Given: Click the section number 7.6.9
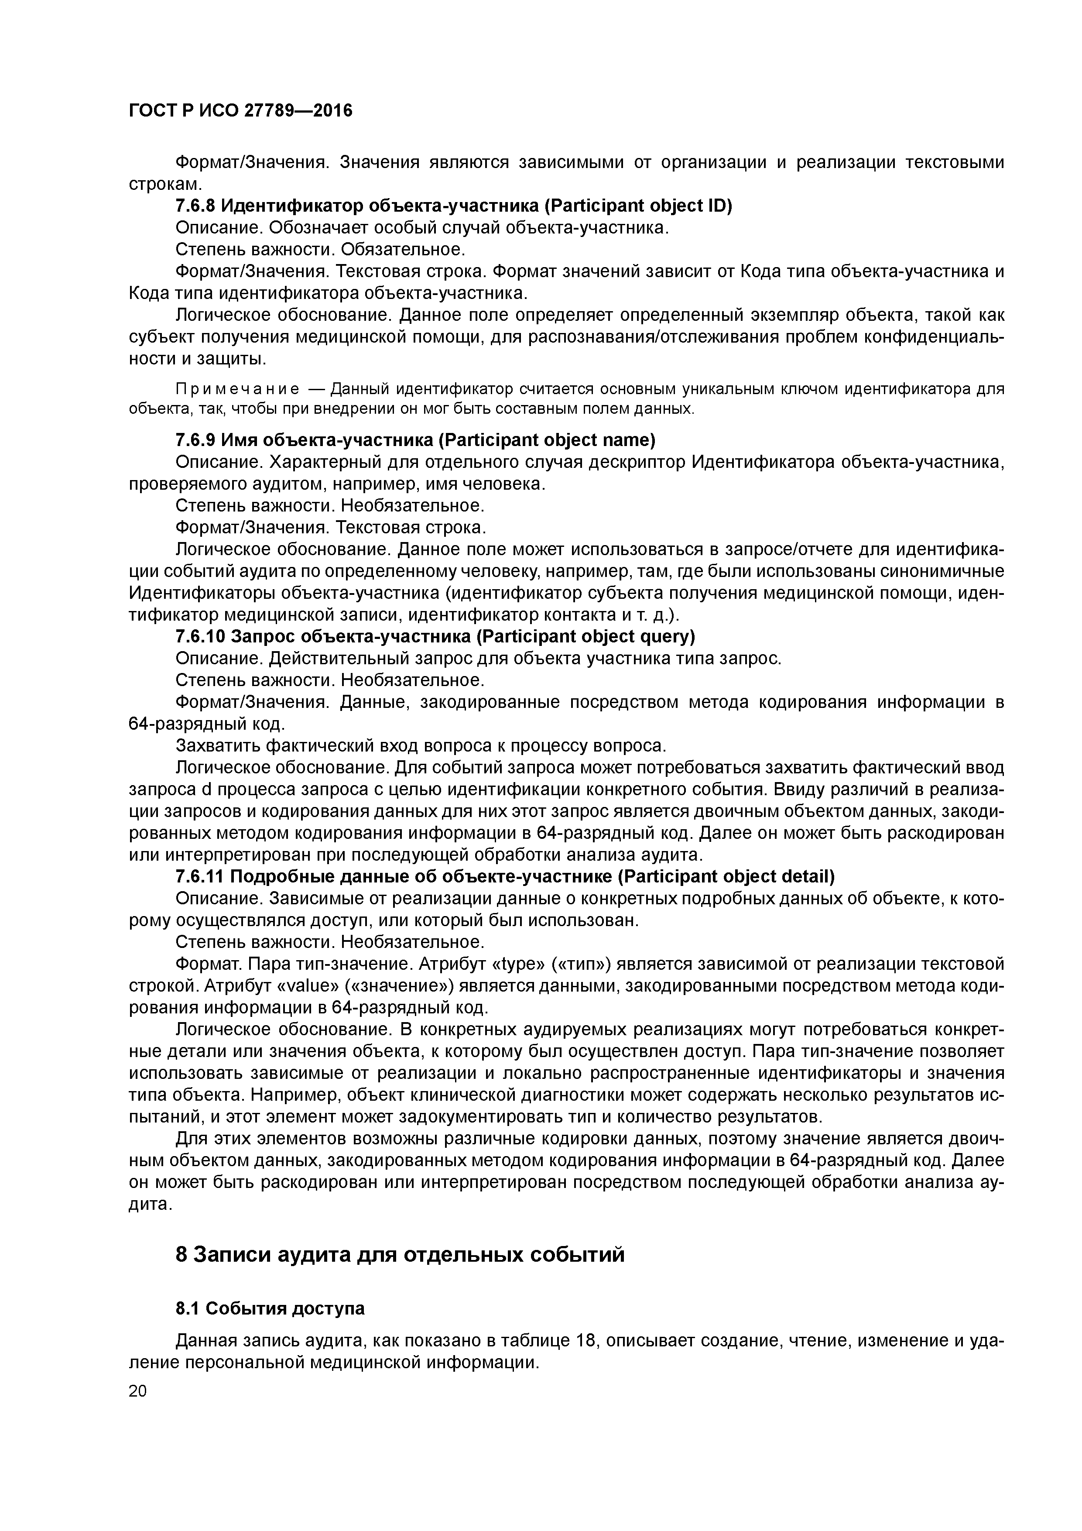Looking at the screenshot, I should tap(195, 440).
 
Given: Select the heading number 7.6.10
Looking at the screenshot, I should tap(199, 637).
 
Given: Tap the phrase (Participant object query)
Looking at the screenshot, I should tap(586, 637).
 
